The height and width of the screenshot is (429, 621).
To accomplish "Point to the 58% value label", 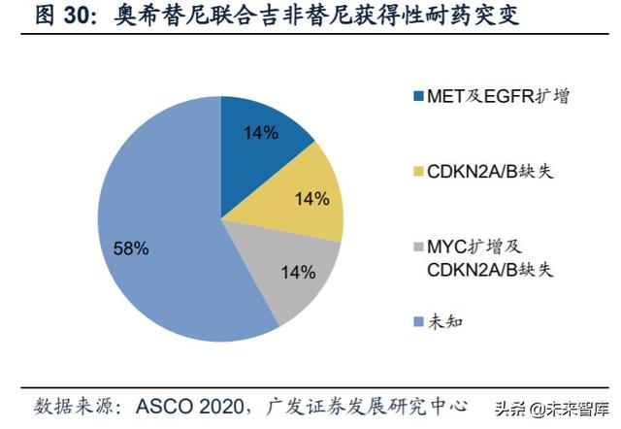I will (131, 248).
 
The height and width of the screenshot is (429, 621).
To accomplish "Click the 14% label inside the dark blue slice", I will (261, 134).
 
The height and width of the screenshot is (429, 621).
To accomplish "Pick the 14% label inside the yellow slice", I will (310, 199).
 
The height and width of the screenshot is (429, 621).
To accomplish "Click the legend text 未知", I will (444, 320).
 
